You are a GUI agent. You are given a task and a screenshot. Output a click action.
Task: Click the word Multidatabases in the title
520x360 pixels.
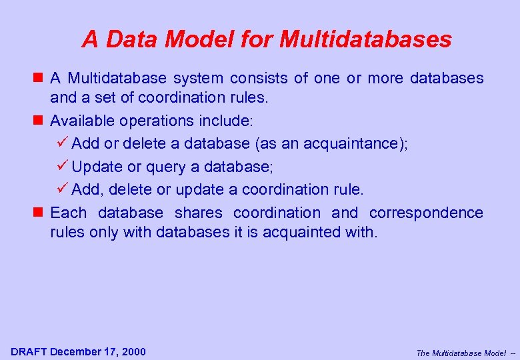[x=365, y=40]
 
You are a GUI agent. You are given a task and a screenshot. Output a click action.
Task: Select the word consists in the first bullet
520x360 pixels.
[x=198, y=78]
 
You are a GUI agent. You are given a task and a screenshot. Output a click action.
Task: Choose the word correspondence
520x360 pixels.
[x=426, y=213]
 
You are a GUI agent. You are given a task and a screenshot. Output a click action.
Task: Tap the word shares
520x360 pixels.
[x=198, y=213]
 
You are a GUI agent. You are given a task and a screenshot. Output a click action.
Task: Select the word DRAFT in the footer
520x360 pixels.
[x=29, y=351]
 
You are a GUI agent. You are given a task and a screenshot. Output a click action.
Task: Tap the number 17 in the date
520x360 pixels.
[x=111, y=351]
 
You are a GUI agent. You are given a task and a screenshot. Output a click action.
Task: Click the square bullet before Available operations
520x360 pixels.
[x=41, y=121]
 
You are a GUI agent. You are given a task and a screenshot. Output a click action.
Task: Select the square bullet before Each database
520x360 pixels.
[x=41, y=213]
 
